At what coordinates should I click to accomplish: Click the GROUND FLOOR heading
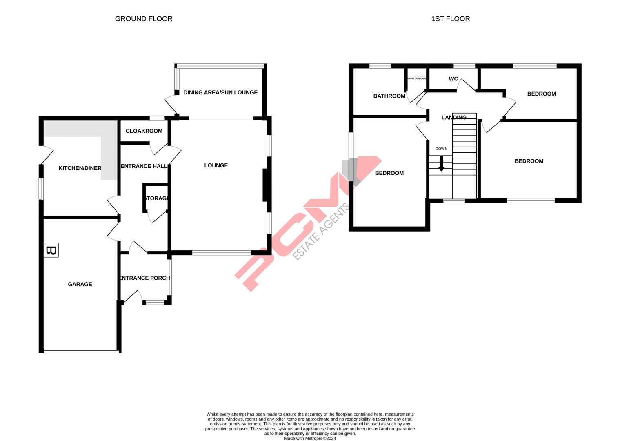[144, 19]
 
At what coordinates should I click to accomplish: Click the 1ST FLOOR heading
[450, 19]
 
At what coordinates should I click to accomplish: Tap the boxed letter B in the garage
[51, 250]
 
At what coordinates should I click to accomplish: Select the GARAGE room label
[80, 284]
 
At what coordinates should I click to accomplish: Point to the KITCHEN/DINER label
[80, 168]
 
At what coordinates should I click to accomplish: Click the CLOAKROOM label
[144, 131]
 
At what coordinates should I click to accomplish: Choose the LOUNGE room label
[216, 165]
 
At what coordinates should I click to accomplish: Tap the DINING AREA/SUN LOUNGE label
[220, 92]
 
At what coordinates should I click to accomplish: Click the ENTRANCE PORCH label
[144, 278]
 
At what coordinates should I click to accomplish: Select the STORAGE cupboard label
[156, 198]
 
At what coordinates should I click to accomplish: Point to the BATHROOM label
[389, 96]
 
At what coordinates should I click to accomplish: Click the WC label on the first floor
[453, 79]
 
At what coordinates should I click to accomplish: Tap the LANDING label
[453, 118]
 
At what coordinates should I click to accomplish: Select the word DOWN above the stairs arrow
[441, 149]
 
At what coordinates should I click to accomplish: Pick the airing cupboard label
[416, 78]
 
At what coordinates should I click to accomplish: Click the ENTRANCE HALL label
[144, 166]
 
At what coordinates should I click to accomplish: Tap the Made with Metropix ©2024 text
[310, 439]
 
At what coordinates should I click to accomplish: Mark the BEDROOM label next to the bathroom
[389, 173]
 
